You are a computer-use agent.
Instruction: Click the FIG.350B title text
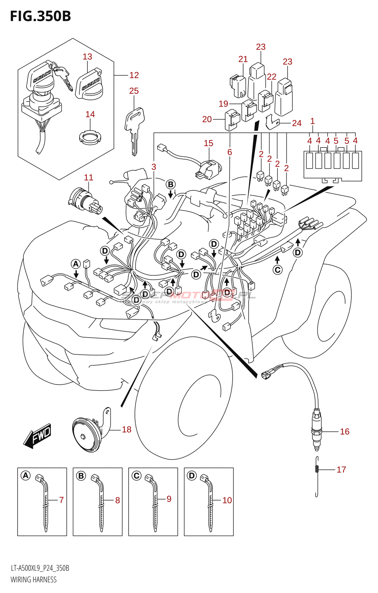(x=40, y=16)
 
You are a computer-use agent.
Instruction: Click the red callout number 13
(x=87, y=57)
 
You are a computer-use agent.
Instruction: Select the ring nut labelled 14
(x=90, y=138)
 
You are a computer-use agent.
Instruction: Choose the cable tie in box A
(x=44, y=504)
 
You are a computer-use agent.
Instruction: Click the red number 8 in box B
(x=117, y=500)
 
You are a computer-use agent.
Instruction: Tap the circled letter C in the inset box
(x=136, y=476)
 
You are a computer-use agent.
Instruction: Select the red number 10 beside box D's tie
(x=227, y=500)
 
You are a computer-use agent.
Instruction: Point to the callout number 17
(x=341, y=470)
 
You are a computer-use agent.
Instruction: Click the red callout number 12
(x=134, y=75)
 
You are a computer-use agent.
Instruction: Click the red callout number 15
(x=208, y=143)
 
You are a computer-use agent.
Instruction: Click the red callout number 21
(x=243, y=59)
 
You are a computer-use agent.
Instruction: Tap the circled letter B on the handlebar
(x=170, y=185)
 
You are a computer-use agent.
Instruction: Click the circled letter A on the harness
(x=76, y=264)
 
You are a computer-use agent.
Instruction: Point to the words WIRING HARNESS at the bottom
(x=34, y=580)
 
